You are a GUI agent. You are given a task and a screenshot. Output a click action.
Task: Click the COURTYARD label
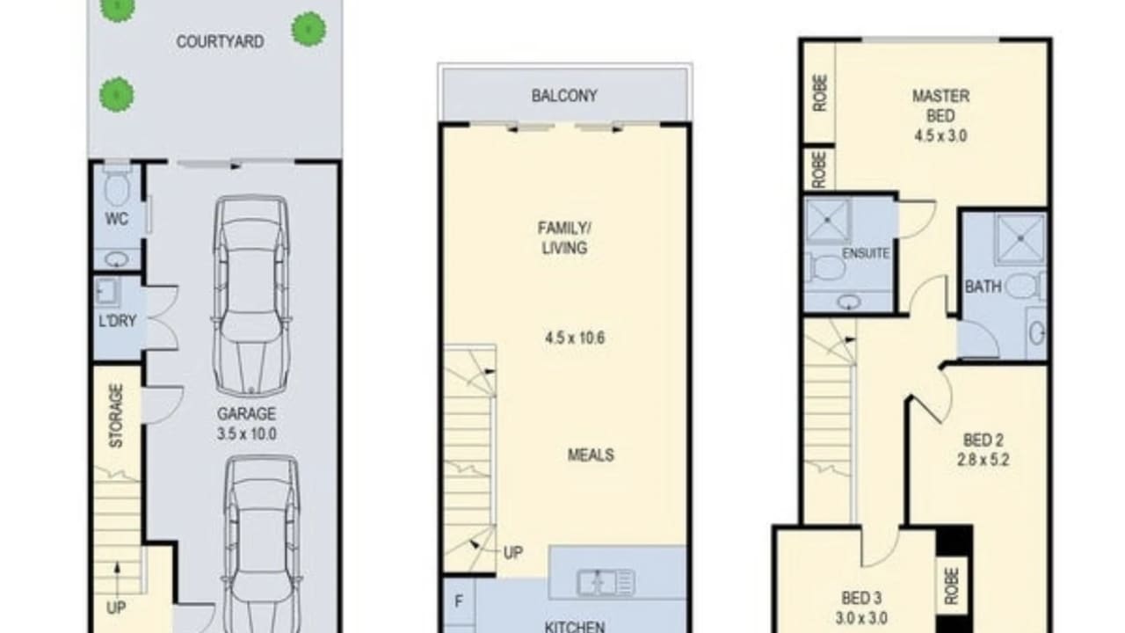coord(220,41)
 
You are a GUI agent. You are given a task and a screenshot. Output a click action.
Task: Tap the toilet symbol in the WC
coord(116,186)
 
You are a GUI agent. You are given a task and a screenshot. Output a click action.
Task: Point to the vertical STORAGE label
coord(116,416)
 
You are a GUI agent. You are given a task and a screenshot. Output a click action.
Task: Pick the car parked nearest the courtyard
coord(251,295)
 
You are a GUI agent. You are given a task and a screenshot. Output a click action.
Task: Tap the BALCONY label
coord(564,96)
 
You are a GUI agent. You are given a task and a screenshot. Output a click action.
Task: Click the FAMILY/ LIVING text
coord(563,238)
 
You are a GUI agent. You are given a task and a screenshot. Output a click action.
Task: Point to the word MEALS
coord(591,455)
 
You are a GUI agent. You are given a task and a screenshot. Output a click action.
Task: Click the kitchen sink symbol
coord(606,582)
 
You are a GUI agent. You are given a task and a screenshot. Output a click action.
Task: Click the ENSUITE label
coord(866,253)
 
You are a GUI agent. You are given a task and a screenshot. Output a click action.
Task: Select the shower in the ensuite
coord(828,221)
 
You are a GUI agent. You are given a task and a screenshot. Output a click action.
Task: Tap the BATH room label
coord(983,287)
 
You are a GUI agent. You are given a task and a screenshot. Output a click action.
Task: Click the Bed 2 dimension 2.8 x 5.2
coord(986,459)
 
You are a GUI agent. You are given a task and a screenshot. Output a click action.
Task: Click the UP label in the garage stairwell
coord(116,608)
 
